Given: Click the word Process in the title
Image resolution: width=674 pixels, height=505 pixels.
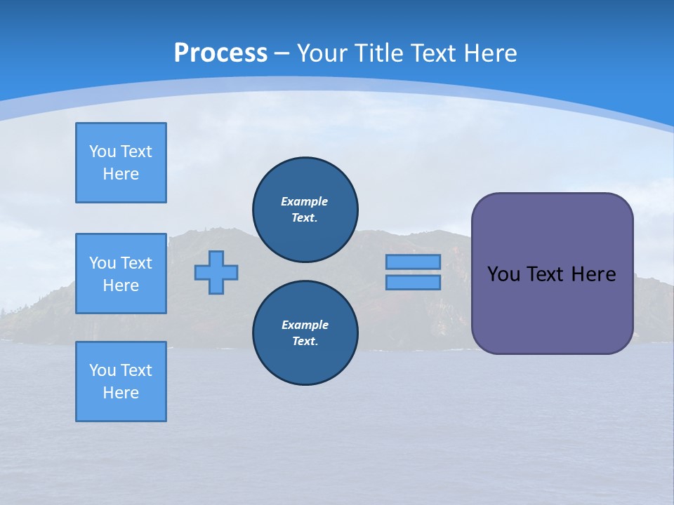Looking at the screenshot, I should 220,53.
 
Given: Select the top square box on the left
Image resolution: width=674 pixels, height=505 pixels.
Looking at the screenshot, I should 121,163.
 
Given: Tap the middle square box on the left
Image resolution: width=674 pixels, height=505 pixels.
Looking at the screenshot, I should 121,274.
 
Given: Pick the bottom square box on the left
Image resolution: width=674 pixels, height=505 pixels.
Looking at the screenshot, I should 121,382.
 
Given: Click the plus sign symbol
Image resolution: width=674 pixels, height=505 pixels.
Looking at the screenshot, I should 216,272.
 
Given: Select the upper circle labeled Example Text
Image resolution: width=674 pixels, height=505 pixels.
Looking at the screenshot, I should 305,209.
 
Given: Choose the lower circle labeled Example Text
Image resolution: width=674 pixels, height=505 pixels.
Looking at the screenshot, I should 305,332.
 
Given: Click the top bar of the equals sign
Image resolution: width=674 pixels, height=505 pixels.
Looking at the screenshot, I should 413,262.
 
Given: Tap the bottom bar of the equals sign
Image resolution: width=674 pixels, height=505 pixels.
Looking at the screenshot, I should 413,282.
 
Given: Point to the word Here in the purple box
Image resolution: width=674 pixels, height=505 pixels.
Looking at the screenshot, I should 593,274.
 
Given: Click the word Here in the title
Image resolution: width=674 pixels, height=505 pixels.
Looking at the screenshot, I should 489,53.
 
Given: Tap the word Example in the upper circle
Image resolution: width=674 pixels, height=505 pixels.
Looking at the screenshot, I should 304,201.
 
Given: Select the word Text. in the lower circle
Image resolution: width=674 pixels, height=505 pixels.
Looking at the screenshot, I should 305,342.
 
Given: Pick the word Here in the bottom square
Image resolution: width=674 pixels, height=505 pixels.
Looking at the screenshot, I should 121,393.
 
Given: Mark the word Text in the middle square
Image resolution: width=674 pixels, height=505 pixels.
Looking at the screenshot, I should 136,263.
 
